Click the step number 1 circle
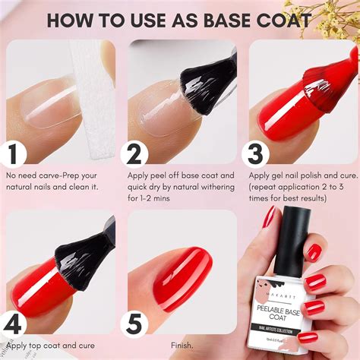[13, 154]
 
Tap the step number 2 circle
[135, 154]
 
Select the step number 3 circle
[255, 154]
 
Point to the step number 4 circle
[13, 324]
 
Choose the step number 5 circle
[135, 325]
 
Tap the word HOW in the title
[73, 20]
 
